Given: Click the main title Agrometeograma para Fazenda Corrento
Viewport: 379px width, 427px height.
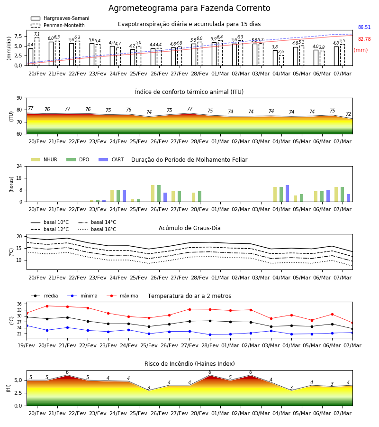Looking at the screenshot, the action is click(x=189, y=8).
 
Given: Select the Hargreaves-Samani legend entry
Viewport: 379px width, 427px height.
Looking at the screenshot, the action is click(x=60, y=18).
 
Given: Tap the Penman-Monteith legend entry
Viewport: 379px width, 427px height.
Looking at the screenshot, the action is click(x=58, y=25).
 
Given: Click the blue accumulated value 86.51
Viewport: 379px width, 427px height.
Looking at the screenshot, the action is click(x=364, y=27).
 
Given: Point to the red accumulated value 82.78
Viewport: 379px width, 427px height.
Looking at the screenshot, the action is click(x=364, y=39).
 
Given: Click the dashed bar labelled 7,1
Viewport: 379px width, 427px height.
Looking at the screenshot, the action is click(x=37, y=52).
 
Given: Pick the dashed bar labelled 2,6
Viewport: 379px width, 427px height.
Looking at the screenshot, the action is click(x=281, y=60).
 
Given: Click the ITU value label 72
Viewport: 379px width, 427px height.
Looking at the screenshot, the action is click(x=349, y=114).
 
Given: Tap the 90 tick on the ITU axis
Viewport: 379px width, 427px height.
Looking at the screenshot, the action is click(x=19, y=98).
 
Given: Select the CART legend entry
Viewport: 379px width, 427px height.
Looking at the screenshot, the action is click(x=111, y=159).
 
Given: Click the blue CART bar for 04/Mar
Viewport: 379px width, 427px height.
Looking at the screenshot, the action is click(x=288, y=194).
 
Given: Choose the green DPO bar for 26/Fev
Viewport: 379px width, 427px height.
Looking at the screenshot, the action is click(x=159, y=194).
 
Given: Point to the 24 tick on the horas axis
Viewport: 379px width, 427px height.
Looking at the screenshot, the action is click(x=19, y=167).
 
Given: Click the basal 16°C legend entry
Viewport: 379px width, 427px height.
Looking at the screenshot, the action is click(x=97, y=229).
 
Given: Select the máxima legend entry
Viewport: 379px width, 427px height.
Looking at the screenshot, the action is click(x=122, y=296).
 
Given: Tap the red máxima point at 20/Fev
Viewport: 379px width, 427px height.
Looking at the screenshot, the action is click(x=47, y=306).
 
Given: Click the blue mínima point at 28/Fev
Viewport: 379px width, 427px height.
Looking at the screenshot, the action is click(x=210, y=334).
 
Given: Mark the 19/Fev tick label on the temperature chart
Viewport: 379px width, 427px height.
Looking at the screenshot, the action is click(x=27, y=345).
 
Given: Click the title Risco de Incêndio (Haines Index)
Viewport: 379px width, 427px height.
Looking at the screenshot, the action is click(x=189, y=364).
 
